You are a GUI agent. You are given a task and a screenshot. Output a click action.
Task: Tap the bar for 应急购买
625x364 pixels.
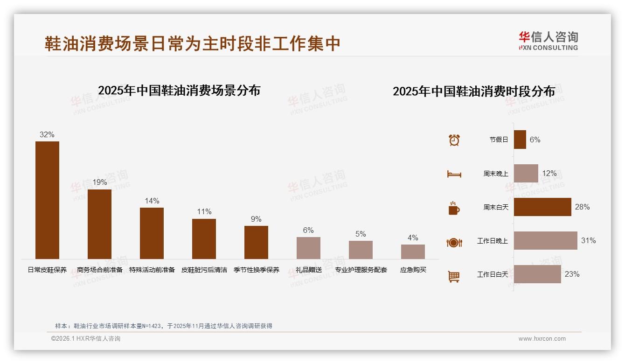tap(413, 252)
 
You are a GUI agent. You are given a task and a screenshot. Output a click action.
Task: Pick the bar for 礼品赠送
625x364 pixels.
tap(308, 248)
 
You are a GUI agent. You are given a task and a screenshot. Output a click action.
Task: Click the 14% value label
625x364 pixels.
tap(152, 201)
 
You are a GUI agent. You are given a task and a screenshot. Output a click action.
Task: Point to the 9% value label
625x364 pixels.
tap(256, 219)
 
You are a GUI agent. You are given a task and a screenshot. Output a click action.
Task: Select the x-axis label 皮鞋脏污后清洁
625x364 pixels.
tap(204, 270)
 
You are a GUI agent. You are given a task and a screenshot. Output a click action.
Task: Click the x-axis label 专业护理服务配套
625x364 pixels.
tap(361, 270)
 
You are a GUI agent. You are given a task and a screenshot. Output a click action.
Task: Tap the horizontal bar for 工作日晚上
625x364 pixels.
tap(545, 241)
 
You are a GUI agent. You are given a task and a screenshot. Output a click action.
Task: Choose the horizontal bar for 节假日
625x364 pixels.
tap(520, 140)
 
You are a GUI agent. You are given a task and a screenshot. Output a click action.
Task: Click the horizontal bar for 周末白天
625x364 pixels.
tap(542, 207)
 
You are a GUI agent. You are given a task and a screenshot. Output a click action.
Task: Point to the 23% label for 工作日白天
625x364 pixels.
tap(572, 274)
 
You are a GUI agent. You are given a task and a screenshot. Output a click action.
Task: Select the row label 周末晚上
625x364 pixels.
tap(496, 174)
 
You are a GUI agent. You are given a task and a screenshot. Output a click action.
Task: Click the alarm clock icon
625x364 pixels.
tap(454, 140)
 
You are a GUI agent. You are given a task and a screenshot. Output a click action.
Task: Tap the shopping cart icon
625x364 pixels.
tap(454, 276)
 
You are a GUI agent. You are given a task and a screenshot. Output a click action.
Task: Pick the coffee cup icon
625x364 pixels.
tap(454, 208)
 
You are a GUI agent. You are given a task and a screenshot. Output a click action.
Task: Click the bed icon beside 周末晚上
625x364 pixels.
tap(454, 174)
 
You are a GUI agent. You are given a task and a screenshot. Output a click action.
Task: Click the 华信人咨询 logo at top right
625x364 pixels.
tap(548, 41)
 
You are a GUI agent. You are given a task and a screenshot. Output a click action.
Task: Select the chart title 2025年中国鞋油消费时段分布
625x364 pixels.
tap(473, 91)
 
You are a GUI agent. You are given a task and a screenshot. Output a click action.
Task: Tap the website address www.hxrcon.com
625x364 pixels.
tap(542, 339)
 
